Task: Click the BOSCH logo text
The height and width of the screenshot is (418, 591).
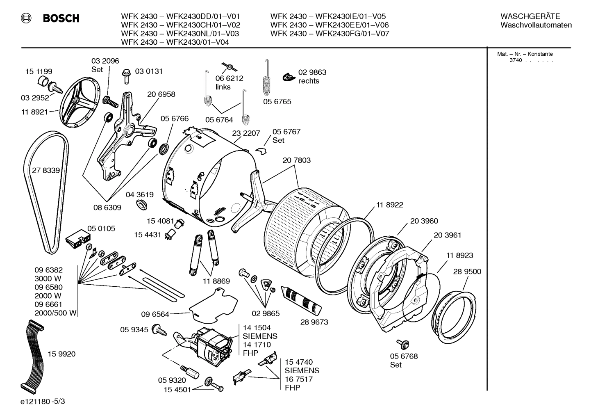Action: pos(61,18)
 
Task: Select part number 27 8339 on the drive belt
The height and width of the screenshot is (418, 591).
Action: pos(46,170)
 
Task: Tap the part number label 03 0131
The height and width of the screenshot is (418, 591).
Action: pos(149,71)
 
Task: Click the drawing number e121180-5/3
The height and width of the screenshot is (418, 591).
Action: pos(42,402)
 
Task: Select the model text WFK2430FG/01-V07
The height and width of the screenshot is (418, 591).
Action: pos(352,34)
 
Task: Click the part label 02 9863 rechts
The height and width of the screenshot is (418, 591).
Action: pos(312,77)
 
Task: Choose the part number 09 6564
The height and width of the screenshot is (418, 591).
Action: pos(155,314)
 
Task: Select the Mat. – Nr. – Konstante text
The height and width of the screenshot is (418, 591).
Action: pos(525,54)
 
